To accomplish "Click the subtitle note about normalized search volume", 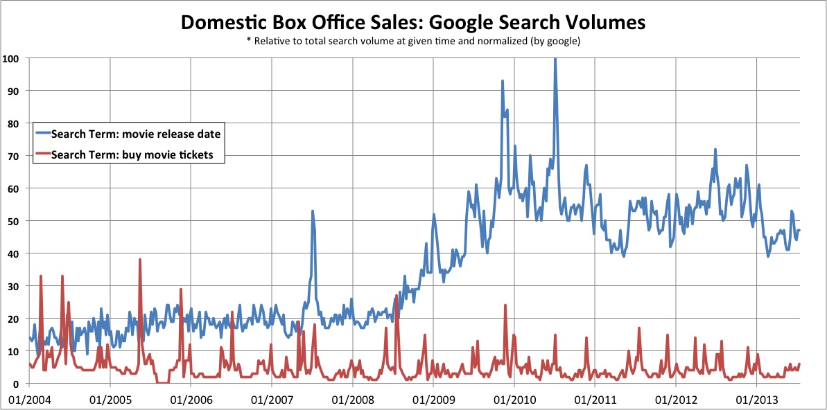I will point(413,42).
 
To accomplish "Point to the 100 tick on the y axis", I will point(10,58).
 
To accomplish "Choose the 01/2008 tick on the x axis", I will point(352,400).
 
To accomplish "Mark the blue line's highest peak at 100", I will point(555,60).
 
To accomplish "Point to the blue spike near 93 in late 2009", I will point(503,81).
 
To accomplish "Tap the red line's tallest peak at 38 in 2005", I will point(140,260).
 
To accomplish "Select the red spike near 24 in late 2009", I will point(505,305).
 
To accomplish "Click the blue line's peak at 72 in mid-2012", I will point(715,150).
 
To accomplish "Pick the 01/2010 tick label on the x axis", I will point(514,400).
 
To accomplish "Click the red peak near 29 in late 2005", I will point(181,289).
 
